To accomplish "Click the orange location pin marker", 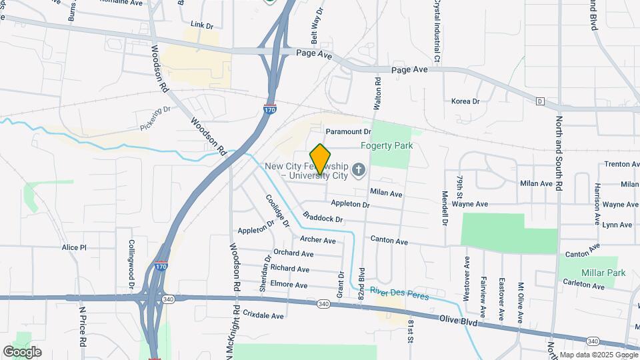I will pyautogui.click(x=321, y=159).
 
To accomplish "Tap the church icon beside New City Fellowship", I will pyautogui.click(x=359, y=171).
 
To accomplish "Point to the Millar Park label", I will pyautogui.click(x=603, y=273).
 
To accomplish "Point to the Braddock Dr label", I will pyautogui.click(x=322, y=218).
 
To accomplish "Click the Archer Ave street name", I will pyautogui.click(x=318, y=240).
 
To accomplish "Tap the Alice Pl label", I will pyautogui.click(x=74, y=247).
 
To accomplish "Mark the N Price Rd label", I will pyautogui.click(x=83, y=327).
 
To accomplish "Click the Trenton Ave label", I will pyautogui.click(x=621, y=164).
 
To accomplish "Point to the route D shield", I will pyautogui.click(x=540, y=101).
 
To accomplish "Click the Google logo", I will pyautogui.click(x=22, y=352).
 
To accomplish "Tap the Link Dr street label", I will pyautogui.click(x=201, y=25).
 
